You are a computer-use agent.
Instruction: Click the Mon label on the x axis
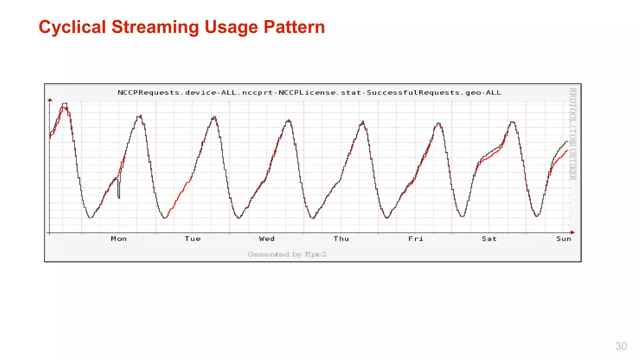(x=119, y=239)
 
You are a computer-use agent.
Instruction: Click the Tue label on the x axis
(x=192, y=239)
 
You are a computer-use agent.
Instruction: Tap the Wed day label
(x=267, y=239)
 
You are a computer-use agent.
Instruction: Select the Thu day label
(x=341, y=239)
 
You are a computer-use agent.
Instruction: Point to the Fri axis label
(x=416, y=239)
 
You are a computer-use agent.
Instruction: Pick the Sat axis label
(x=489, y=239)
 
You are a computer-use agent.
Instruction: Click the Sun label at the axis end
(x=563, y=239)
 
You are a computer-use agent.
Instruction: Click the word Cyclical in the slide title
(x=72, y=27)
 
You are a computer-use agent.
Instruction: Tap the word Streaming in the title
(x=155, y=27)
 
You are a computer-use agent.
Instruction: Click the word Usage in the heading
(x=231, y=27)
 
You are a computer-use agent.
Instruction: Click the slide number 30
(x=621, y=346)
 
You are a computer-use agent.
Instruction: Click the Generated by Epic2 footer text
(x=287, y=254)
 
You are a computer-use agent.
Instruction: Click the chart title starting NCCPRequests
(x=309, y=93)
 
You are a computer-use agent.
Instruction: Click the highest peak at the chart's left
(x=64, y=103)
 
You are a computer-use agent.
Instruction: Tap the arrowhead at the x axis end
(x=572, y=232)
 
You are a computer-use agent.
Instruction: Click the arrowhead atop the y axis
(x=50, y=100)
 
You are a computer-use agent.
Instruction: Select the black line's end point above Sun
(x=567, y=142)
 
